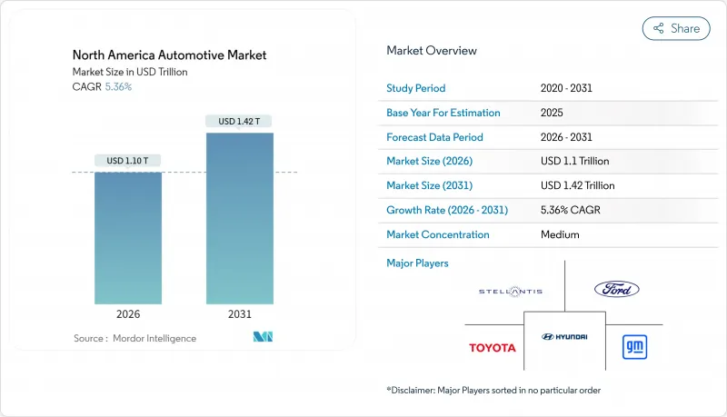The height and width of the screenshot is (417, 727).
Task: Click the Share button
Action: pos(676,28)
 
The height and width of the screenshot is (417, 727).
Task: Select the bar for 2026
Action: pos(128,237)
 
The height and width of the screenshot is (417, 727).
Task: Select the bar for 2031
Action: pos(240,218)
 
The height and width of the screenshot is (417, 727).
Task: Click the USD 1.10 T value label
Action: pos(128,161)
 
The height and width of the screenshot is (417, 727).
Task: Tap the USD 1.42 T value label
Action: pos(240,121)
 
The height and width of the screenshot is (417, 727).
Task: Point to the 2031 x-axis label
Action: pos(240,313)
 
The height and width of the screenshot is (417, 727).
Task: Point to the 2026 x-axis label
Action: pos(128,313)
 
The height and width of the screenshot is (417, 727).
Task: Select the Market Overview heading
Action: pos(431,51)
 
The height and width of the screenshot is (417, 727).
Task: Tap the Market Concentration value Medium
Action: pos(561,234)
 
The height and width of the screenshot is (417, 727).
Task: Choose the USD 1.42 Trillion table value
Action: pos(577,185)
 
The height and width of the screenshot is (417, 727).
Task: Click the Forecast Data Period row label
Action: pos(434,137)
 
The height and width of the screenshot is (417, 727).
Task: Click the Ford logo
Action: pos(617,289)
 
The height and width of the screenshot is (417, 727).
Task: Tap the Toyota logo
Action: pos(492,348)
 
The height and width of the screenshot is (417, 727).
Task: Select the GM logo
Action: pos(633,346)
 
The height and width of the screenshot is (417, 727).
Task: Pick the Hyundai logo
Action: pos(564,336)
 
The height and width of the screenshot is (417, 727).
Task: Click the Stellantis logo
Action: pos(511,291)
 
